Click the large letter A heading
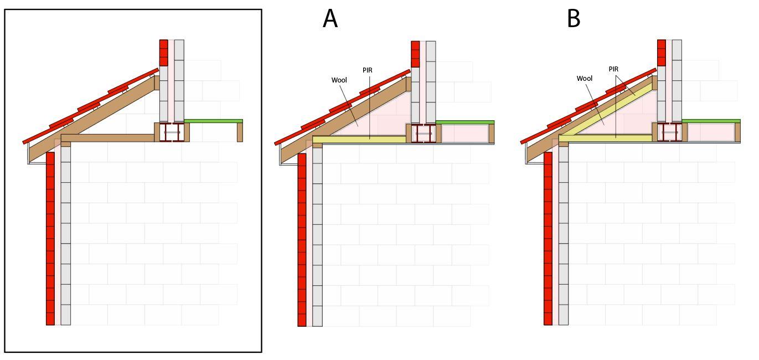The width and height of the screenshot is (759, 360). (x=330, y=18)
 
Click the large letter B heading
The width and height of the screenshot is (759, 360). (x=574, y=18)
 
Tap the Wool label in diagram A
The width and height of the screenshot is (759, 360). (x=339, y=80)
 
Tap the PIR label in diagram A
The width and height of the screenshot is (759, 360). (x=367, y=70)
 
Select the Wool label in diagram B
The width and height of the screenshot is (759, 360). (x=585, y=78)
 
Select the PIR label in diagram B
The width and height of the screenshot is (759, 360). (x=613, y=69)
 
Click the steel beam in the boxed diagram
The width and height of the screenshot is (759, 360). (x=172, y=132)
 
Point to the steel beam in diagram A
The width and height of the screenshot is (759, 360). (x=423, y=133)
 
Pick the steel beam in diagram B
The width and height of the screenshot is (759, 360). (x=669, y=132)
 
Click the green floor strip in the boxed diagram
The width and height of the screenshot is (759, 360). (x=214, y=121)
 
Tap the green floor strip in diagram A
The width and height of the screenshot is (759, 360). (x=465, y=122)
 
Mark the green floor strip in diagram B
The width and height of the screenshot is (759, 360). (x=711, y=121)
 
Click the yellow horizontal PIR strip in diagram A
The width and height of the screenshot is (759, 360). (x=359, y=140)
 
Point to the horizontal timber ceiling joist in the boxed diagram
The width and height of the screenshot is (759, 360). (x=108, y=138)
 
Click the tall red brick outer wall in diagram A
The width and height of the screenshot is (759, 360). (x=302, y=240)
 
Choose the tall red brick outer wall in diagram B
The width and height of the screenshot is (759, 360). (x=548, y=238)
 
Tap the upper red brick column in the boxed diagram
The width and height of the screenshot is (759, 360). (x=164, y=53)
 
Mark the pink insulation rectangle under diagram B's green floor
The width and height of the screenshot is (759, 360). (x=711, y=132)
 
